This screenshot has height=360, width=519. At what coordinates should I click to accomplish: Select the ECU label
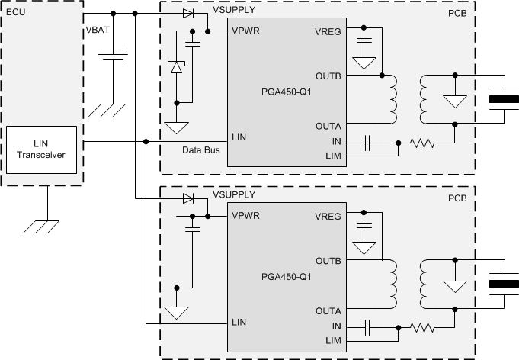point(14,13)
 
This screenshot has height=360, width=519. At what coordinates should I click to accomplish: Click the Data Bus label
point(200,150)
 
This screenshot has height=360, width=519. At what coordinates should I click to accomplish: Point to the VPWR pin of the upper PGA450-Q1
point(245,31)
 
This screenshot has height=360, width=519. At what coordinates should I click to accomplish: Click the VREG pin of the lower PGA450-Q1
point(327,216)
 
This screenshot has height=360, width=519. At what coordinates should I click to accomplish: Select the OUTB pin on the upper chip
point(327,76)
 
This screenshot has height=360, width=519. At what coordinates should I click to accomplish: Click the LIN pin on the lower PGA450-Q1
point(239,321)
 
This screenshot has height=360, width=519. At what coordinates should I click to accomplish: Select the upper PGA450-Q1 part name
point(287,92)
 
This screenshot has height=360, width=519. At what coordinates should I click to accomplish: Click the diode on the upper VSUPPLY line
point(188,14)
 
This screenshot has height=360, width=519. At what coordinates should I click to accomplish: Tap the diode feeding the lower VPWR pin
point(188,199)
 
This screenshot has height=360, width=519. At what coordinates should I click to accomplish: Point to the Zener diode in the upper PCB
point(177,67)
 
